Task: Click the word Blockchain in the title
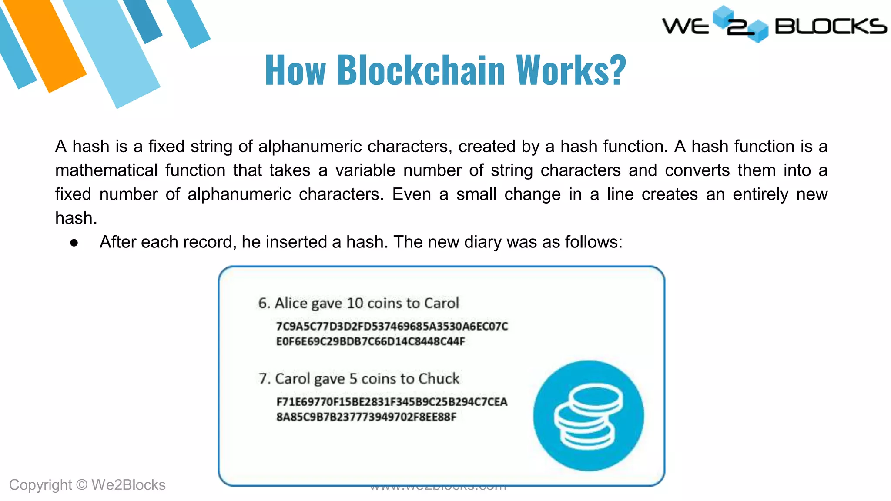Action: pos(421,70)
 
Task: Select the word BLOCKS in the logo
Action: pos(830,27)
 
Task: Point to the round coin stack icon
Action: pos(588,415)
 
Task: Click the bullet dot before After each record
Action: pos(74,243)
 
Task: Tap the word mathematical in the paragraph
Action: pos(106,170)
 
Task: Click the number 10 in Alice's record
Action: pos(355,303)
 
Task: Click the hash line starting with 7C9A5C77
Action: pos(392,326)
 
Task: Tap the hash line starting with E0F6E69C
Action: pos(370,341)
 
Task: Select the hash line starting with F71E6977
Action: pos(392,402)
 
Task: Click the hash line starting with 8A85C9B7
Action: pos(366,417)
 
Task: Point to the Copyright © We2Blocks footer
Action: pos(87,485)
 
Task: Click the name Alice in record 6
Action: pos(291,303)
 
